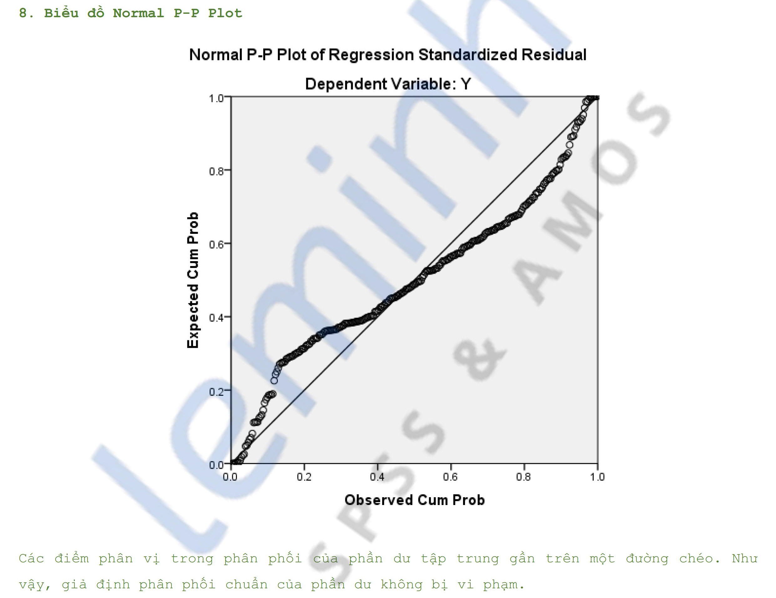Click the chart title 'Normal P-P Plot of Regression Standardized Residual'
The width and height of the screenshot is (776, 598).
tap(388, 55)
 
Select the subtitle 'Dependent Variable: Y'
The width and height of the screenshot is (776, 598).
tap(388, 84)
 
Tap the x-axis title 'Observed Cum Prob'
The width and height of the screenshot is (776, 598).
tap(414, 500)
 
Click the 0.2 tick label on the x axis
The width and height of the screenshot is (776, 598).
tap(304, 477)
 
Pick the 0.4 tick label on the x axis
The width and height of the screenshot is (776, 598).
tap(377, 477)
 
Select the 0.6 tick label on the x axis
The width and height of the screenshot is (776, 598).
tap(451, 477)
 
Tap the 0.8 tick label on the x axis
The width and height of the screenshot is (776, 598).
tap(524, 477)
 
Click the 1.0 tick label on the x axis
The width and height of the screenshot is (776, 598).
tap(597, 477)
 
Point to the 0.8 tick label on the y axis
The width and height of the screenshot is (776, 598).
tap(217, 171)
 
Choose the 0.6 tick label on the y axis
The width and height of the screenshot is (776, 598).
tap(217, 245)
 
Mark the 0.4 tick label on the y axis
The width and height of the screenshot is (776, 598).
tap(217, 318)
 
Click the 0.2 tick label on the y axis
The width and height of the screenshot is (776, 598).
tap(217, 391)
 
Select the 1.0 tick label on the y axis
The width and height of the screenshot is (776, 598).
tap(217, 98)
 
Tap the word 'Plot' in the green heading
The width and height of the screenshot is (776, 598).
tap(225, 13)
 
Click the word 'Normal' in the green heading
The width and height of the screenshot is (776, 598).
tap(138, 13)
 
